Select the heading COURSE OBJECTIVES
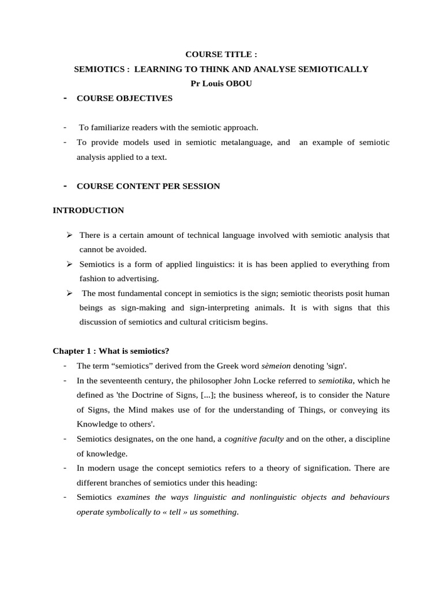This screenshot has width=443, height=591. [x=125, y=99]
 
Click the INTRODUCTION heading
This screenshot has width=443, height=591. [x=88, y=211]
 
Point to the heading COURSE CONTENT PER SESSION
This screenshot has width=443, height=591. [x=148, y=186]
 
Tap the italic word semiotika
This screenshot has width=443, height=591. [x=335, y=380]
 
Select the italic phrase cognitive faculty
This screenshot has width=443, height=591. [x=254, y=439]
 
